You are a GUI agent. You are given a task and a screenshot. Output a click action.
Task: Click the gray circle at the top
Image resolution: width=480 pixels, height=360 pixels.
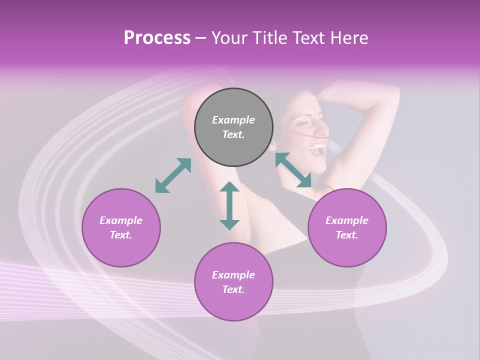[x=233, y=127]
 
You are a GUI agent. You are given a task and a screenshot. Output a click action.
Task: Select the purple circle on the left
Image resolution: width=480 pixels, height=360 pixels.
[x=121, y=227]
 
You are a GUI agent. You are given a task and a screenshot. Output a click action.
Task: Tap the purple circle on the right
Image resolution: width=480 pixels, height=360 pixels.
[x=347, y=227]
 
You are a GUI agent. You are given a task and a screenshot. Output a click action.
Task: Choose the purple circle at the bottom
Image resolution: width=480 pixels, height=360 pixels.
[x=233, y=282]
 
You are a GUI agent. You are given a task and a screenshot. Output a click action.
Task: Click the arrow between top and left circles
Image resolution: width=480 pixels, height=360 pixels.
[x=173, y=175]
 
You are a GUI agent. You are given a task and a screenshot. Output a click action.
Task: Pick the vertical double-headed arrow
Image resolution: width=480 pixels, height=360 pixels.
[x=229, y=205]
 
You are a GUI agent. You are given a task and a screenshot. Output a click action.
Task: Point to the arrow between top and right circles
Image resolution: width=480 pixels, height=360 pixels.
[x=293, y=170]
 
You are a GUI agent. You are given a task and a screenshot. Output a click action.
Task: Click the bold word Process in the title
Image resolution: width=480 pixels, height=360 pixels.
[x=157, y=38]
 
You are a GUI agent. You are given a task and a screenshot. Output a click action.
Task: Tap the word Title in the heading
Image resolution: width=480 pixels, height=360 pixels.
[x=270, y=38]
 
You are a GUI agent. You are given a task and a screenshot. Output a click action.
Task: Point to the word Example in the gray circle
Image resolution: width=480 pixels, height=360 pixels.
[x=233, y=120]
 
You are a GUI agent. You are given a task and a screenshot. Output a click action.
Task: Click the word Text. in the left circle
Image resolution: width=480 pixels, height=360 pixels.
[x=121, y=235]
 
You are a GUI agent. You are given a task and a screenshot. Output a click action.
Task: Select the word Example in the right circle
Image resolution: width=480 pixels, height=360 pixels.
[x=347, y=220]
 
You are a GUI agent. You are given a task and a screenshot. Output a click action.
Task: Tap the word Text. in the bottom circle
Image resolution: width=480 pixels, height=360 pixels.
[x=233, y=289]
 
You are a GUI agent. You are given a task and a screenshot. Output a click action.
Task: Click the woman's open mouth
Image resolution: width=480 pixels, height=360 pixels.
[x=317, y=148]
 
